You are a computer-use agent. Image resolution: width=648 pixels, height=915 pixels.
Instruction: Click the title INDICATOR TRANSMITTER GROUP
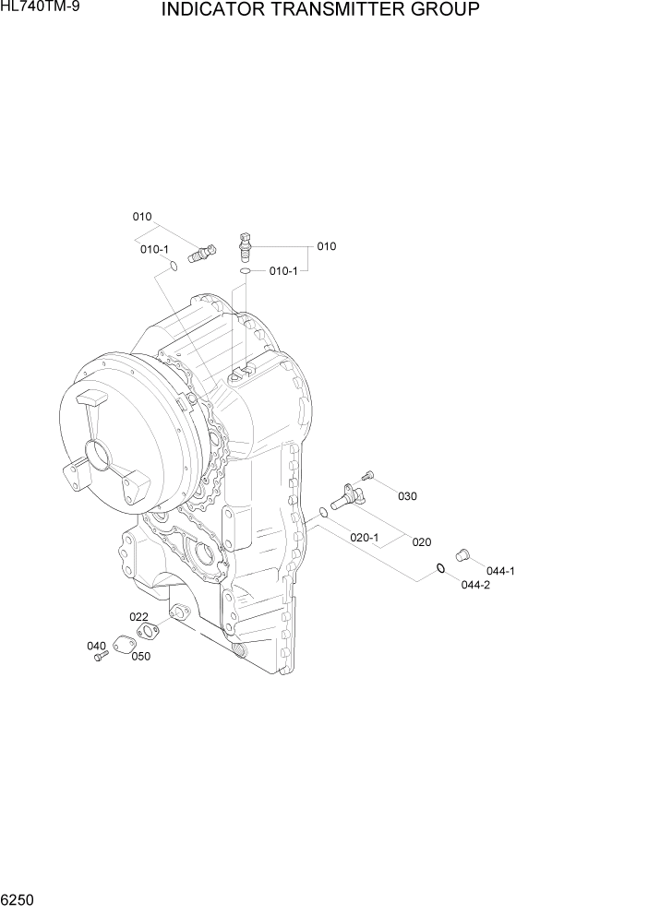click(x=319, y=10)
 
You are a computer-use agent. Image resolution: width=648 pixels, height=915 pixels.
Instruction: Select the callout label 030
click(x=407, y=496)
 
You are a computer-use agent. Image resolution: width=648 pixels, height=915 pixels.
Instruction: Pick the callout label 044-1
click(x=500, y=570)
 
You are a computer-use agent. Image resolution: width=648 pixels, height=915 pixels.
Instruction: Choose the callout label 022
click(x=138, y=617)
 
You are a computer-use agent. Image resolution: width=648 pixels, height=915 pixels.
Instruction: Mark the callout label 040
click(x=97, y=646)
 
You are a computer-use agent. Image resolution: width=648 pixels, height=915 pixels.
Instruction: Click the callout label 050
click(x=140, y=657)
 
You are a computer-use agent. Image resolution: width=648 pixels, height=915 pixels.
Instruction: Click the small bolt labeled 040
click(x=102, y=655)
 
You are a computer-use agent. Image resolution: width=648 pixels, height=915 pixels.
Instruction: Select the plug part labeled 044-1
click(x=462, y=553)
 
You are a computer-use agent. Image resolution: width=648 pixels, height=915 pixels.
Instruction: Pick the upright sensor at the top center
click(x=245, y=246)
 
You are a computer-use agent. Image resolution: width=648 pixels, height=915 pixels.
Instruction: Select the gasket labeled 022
click(x=146, y=632)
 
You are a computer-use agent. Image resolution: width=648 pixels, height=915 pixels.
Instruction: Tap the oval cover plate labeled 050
click(x=125, y=646)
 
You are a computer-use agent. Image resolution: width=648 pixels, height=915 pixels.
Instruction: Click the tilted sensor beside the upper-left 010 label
click(x=198, y=252)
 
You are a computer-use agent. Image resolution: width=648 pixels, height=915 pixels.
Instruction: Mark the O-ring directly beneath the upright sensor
click(x=245, y=271)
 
